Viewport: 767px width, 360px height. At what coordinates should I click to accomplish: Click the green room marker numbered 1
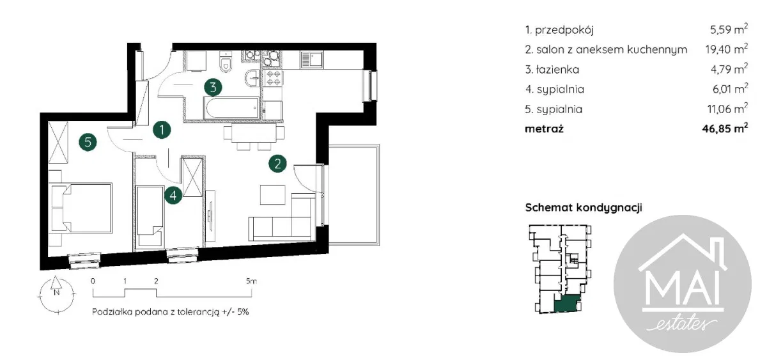pos(162,130)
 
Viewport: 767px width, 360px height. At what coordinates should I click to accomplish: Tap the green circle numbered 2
pos(277,164)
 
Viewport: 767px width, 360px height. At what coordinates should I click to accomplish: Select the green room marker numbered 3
pos(213,87)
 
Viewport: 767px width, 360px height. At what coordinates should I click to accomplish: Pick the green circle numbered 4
pos(173,196)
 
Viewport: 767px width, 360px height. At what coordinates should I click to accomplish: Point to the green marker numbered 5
pos(88,142)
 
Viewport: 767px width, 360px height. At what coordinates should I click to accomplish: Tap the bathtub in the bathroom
pos(231,108)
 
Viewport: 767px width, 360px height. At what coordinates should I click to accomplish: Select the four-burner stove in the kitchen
pos(273,78)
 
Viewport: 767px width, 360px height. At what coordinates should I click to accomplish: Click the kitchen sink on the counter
pos(312,60)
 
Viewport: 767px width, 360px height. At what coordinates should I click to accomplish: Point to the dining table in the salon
pos(254,132)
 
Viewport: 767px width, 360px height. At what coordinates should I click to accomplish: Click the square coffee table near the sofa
pos(272,195)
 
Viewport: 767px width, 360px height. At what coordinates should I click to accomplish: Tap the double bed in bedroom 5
pos(82,208)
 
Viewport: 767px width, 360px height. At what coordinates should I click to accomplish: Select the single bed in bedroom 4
pos(150,217)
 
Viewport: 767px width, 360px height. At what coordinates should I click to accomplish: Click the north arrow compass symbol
pos(57,294)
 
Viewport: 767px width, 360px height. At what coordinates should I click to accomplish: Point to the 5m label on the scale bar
pos(251,281)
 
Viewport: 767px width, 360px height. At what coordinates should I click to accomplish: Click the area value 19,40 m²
pos(726,49)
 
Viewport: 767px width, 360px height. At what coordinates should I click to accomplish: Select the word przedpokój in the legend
pos(564,30)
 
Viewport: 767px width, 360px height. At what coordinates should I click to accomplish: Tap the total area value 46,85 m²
pos(725,129)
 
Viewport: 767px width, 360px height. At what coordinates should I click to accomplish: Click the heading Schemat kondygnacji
pos(584,208)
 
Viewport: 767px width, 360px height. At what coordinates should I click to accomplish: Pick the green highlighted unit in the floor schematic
pos(567,303)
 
